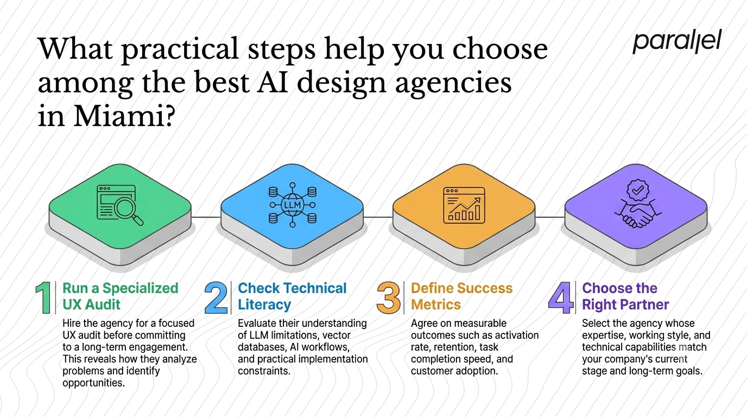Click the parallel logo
pos(678,41)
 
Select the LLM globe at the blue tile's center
pos(293,205)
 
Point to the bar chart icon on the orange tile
pos(464,205)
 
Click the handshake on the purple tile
pos(638,214)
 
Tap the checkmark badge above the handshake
pos(638,190)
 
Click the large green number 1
pos(44,298)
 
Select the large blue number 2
pos(216,298)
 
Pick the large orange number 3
pos(389,298)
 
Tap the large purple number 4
pos(561,298)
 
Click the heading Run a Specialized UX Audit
pos(121,296)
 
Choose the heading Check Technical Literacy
pos(292,296)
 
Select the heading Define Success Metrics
pos(461,296)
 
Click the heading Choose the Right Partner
pos(625,296)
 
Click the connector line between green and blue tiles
pos(206,217)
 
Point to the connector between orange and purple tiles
pos(550,217)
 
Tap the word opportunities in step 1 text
pos(94,383)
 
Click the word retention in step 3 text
pos(453,347)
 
